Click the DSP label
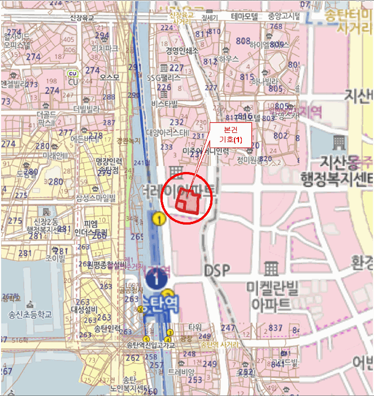tap(218, 270)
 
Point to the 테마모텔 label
tap(244, 16)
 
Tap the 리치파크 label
tap(108, 49)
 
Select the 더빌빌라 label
tap(86, 108)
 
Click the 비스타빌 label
tap(165, 104)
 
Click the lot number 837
tap(275, 328)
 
